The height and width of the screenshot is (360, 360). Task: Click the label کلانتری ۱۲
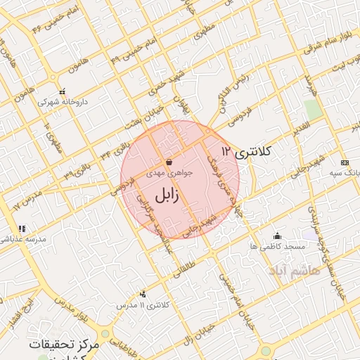pyautogui.click(x=250, y=151)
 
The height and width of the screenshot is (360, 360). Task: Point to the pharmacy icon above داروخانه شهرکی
pyautogui.click(x=62, y=91)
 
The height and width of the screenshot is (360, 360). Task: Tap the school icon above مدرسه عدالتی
pyautogui.click(x=22, y=229)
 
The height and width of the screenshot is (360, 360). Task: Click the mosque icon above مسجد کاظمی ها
pyautogui.click(x=277, y=236)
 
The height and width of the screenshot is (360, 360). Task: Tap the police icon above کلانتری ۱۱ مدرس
pyautogui.click(x=143, y=295)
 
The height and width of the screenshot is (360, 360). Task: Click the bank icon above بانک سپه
pyautogui.click(x=344, y=162)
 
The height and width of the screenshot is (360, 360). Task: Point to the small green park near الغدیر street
pyautogui.click(x=311, y=109)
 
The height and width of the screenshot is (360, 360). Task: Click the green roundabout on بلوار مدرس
pyautogui.click(x=105, y=333)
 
